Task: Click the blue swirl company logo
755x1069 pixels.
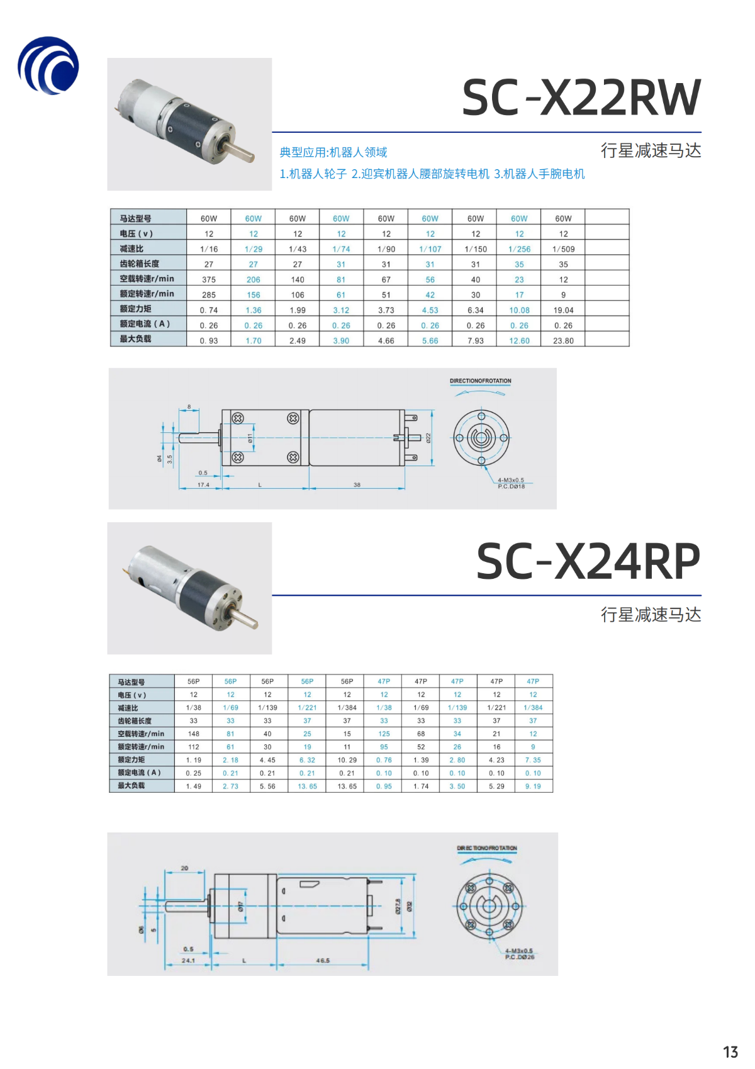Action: click(48, 65)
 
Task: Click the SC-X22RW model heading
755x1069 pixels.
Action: click(581, 98)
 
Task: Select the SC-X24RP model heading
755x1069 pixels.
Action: click(588, 561)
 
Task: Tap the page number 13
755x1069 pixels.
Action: click(730, 1052)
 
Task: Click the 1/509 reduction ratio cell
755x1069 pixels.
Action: click(563, 249)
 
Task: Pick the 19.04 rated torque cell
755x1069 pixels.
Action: click(563, 310)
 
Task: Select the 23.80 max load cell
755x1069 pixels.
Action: click(563, 341)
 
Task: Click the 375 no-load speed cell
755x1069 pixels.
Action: click(209, 280)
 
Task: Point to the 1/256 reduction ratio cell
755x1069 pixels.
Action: click(519, 249)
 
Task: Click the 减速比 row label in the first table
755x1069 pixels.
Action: click(132, 249)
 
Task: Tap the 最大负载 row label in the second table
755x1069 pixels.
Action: click(131, 786)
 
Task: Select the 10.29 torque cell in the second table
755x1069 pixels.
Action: click(347, 760)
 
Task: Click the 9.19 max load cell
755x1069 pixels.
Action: click(533, 786)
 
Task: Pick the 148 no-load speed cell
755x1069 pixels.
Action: click(194, 734)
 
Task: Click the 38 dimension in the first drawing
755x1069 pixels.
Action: click(357, 485)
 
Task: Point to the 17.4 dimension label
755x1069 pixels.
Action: click(203, 485)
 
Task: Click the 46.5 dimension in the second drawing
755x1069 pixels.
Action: click(323, 961)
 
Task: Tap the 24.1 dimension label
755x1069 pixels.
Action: click(188, 961)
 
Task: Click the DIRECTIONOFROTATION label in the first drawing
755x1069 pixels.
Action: click(480, 381)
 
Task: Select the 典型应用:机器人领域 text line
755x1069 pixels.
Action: click(333, 152)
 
